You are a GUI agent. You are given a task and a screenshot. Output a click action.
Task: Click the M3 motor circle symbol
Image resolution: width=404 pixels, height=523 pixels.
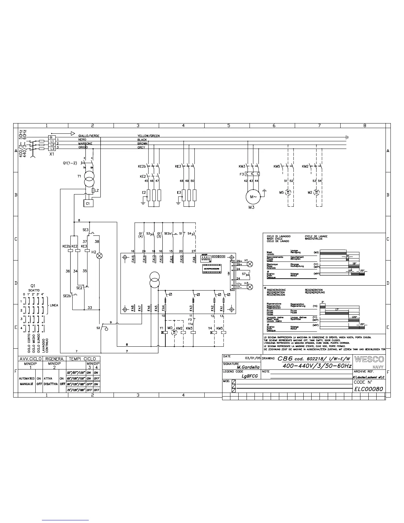[x=253, y=197]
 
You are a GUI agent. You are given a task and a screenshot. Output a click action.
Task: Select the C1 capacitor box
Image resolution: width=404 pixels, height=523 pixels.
[x=88, y=203]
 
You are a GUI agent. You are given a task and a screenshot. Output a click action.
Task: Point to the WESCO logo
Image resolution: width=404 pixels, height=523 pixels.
[x=369, y=359]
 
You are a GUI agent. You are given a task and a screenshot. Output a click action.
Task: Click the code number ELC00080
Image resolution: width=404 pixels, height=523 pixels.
[x=368, y=389]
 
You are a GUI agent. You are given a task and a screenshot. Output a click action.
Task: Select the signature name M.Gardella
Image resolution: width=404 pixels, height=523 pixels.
[x=248, y=367]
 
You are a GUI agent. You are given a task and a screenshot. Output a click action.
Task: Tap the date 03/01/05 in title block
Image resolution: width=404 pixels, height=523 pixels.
[x=252, y=358]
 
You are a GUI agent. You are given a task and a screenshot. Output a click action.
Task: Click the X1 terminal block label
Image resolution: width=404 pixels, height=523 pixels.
[x=51, y=154]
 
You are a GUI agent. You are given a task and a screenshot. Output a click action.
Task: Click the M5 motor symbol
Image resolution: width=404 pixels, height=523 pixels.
[x=288, y=192]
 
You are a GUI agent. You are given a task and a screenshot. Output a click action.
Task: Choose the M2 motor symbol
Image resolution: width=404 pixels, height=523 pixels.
[x=317, y=192]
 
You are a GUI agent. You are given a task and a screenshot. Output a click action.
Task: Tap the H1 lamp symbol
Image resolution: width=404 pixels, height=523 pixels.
[x=250, y=263]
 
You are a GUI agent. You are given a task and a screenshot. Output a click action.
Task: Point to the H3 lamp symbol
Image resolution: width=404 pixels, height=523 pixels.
[x=250, y=287]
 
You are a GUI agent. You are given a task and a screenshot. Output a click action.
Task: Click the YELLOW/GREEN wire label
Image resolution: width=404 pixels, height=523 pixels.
[x=148, y=136]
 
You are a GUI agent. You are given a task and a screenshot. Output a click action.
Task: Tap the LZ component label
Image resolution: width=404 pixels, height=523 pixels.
[x=96, y=191]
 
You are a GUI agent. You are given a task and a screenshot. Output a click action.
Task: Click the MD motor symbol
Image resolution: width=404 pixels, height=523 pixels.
[x=174, y=333]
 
